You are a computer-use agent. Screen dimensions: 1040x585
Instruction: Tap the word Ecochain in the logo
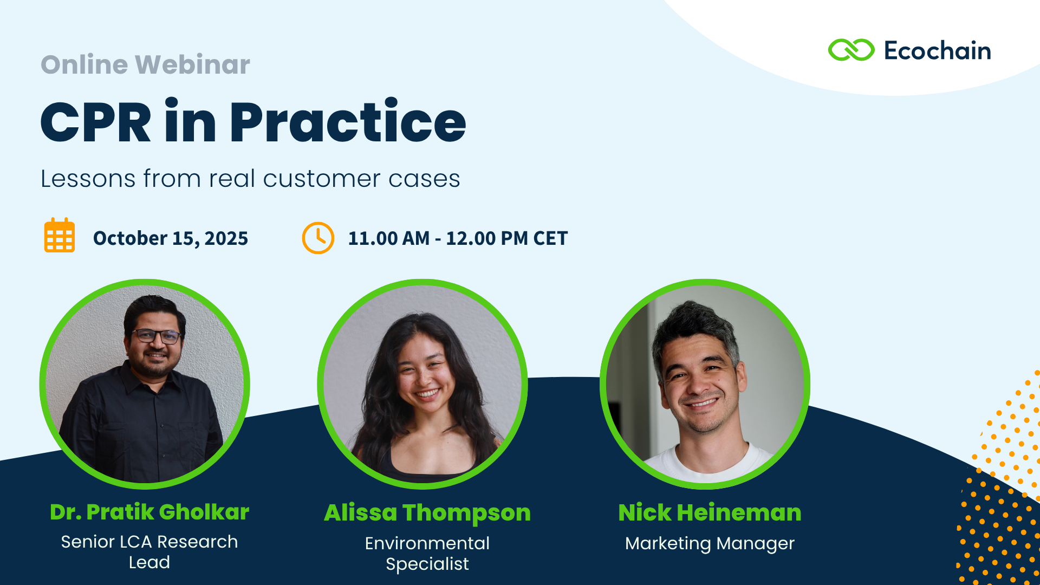point(937,50)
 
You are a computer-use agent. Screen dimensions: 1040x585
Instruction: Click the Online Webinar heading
point(145,64)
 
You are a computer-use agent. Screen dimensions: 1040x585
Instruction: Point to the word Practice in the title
point(348,121)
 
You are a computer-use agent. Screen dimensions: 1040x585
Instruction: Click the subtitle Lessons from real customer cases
point(250,179)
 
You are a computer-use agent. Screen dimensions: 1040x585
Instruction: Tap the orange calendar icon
point(60,236)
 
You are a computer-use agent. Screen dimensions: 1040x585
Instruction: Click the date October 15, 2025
point(171,238)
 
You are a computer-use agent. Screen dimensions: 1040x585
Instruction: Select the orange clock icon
point(318,238)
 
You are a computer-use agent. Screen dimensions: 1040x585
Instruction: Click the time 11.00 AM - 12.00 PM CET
point(458,238)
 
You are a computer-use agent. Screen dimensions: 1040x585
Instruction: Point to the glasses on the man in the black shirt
point(156,336)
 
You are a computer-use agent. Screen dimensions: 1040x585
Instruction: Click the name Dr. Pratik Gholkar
point(149,512)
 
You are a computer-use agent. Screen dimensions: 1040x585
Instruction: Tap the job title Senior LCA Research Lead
point(149,552)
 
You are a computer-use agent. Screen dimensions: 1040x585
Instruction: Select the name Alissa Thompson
point(427,512)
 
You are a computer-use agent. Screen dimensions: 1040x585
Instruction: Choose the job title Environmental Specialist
point(427,554)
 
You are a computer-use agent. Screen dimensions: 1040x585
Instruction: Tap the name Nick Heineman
point(710,512)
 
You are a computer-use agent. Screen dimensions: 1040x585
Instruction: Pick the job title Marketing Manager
point(710,543)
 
